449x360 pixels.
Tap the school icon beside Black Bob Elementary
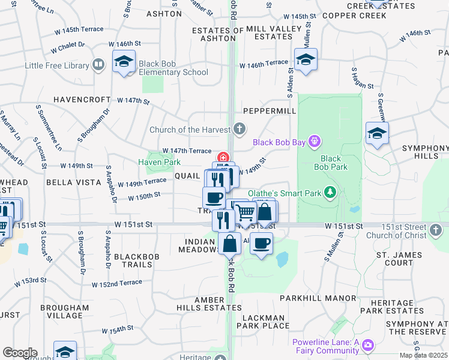124,62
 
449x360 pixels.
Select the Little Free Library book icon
98,65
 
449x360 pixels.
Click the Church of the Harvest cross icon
240,128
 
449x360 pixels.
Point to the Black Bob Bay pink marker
313,142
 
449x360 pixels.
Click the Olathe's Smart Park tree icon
330,193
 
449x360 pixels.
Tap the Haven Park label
159,162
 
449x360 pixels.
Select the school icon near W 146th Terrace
306,59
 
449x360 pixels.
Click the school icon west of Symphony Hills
377,133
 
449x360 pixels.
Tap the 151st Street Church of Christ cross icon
436,229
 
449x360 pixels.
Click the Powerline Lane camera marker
368,346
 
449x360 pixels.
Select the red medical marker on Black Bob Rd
223,158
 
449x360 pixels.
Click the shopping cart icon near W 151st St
244,212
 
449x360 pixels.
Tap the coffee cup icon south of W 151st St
261,244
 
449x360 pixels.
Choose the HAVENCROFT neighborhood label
82,100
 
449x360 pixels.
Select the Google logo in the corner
20,353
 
